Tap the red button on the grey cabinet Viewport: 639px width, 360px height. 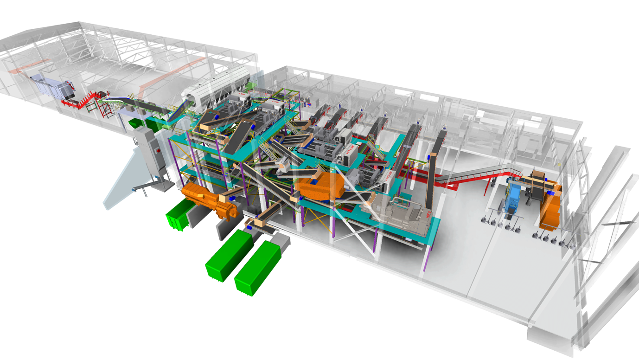159,150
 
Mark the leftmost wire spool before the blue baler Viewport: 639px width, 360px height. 485,220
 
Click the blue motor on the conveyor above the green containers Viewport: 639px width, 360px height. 249,228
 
